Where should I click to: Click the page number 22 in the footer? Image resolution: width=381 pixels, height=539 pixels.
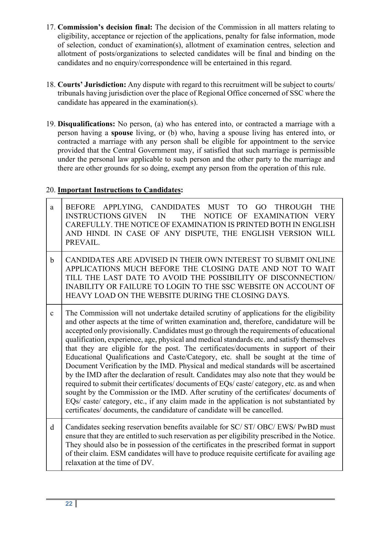click(x=69, y=504)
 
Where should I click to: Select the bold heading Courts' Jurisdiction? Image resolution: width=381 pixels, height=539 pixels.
click(x=92, y=84)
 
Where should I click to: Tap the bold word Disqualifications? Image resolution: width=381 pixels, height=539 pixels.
click(x=86, y=124)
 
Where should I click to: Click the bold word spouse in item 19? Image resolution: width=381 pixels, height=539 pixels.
click(x=122, y=133)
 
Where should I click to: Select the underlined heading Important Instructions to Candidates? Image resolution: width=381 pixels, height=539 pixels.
click(x=119, y=190)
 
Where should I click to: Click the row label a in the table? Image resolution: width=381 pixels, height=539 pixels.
click(x=52, y=207)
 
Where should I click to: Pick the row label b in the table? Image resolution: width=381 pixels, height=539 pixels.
click(x=52, y=260)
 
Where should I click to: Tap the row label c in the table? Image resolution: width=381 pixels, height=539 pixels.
click(x=52, y=313)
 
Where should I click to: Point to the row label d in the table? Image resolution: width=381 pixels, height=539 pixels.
click(x=52, y=428)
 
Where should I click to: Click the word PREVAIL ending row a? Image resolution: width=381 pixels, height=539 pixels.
click(x=82, y=243)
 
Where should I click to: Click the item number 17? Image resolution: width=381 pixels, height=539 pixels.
click(x=51, y=27)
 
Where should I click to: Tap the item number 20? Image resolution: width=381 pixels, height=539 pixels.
click(x=51, y=190)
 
